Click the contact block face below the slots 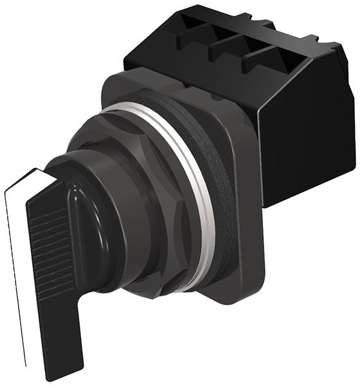(x=193, y=74)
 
